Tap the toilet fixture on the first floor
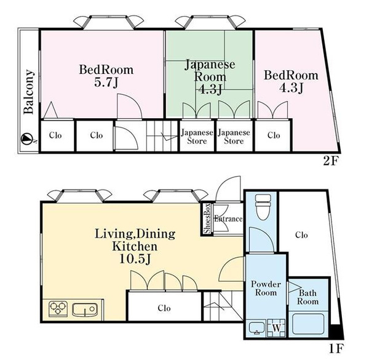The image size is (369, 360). point(263,207)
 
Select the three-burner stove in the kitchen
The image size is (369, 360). point(58,308)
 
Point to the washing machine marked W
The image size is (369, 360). point(277,328)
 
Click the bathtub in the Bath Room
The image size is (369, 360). point(307,324)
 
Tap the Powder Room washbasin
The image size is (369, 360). point(256,328)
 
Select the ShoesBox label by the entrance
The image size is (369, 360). point(207,218)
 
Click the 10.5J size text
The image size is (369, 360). point(135,259)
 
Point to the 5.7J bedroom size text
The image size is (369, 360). point(106,82)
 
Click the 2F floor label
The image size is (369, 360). point(330,161)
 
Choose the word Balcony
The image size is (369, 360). point(29,92)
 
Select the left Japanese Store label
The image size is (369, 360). point(197,137)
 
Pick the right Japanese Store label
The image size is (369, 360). point(234,137)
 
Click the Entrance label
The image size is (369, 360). point(228,218)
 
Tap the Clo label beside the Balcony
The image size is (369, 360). point(55,135)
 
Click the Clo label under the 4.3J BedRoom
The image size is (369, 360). point(274,135)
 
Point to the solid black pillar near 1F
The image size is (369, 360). point(336,332)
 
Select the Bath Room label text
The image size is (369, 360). point(307,297)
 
